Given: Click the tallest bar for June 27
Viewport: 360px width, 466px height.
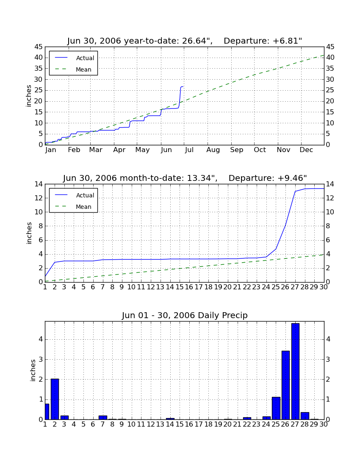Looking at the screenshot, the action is [x=295, y=371].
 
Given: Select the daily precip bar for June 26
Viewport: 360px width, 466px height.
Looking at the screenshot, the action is [x=285, y=385].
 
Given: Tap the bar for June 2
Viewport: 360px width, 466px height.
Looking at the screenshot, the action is [x=55, y=399].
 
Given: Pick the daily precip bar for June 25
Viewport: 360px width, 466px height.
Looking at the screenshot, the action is [x=276, y=408].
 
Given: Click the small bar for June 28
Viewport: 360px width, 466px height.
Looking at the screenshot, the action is [x=305, y=416].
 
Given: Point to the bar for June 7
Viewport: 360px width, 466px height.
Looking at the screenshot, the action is [x=103, y=418].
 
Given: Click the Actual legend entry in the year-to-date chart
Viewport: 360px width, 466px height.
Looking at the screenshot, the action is [x=74, y=58].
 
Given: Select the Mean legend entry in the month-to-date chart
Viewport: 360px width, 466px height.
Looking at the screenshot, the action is [x=74, y=207].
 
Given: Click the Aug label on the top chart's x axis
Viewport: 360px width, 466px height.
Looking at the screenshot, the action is [x=213, y=150].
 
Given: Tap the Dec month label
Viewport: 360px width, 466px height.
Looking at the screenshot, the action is [x=306, y=150].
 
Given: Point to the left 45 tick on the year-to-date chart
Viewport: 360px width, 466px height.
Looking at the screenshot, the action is [x=39, y=47].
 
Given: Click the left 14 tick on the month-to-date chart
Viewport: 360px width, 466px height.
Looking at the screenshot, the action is [x=39, y=184].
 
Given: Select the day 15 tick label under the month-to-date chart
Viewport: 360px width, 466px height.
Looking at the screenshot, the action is [x=180, y=287].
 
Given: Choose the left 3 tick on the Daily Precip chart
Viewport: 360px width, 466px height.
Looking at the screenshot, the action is [x=41, y=359].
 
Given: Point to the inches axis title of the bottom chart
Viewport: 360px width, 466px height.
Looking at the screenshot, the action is [x=33, y=370].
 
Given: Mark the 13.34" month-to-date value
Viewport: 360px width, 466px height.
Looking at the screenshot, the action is [x=201, y=178].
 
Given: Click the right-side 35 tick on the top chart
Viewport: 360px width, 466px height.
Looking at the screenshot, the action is [x=330, y=69].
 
